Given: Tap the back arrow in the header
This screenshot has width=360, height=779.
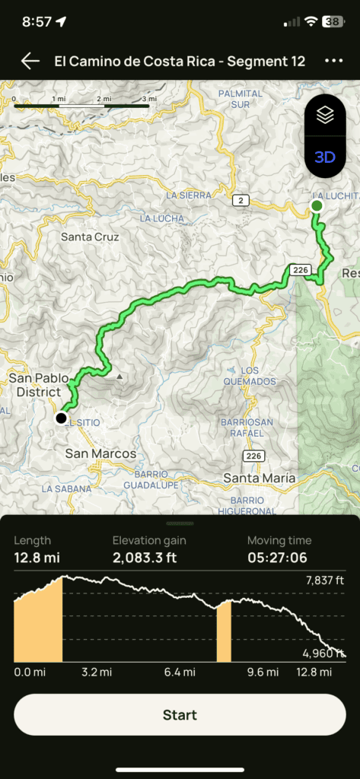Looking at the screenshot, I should click(x=30, y=62).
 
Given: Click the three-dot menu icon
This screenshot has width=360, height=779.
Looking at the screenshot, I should click(x=333, y=62).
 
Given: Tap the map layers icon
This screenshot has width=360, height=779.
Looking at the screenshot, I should click(x=325, y=115).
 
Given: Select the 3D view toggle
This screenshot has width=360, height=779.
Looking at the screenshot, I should click(x=325, y=157).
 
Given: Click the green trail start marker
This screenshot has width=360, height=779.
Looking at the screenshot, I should click(x=317, y=205).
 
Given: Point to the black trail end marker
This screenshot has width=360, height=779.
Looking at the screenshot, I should click(x=61, y=418).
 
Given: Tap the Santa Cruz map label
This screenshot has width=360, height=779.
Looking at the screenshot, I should click(x=90, y=237).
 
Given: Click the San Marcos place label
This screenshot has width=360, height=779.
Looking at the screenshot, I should click(x=100, y=453).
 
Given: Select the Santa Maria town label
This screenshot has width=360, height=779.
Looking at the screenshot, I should click(x=259, y=478).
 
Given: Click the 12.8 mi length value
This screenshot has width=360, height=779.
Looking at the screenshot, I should click(x=37, y=558).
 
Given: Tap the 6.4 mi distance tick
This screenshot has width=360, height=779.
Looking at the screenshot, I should click(x=179, y=672).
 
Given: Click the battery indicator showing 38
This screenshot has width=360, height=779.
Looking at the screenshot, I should click(x=333, y=21).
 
